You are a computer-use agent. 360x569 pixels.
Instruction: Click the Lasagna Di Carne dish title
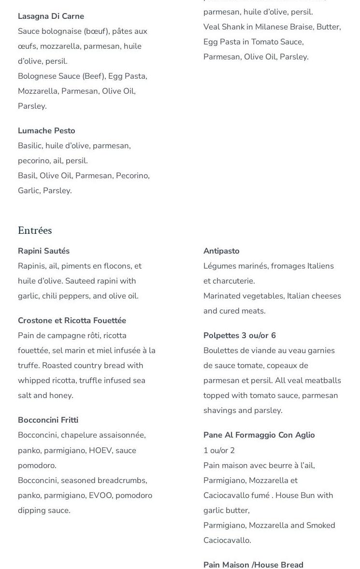[x=51, y=16]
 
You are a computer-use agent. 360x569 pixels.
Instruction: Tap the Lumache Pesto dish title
[x=46, y=130]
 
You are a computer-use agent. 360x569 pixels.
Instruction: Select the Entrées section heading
[x=35, y=230]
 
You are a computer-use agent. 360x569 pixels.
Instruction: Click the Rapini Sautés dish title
[x=43, y=251]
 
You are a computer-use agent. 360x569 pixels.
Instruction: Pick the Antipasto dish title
[x=221, y=251]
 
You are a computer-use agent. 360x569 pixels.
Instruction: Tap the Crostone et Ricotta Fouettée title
[x=72, y=320]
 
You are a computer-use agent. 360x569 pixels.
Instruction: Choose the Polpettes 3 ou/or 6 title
[x=240, y=335]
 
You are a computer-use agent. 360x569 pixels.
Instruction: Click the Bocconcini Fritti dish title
[x=48, y=420]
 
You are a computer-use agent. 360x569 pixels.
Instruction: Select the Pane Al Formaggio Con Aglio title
[x=259, y=435]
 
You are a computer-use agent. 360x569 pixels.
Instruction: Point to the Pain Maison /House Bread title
[x=253, y=565]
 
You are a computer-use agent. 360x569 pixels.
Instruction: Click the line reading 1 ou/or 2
[x=219, y=450]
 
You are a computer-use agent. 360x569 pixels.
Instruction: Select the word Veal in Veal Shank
[x=212, y=27]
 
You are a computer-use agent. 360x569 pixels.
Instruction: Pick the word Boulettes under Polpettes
[x=221, y=350]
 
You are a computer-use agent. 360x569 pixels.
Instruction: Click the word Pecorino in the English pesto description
[x=132, y=175]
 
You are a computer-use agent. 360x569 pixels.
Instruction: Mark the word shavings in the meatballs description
[x=220, y=410]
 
